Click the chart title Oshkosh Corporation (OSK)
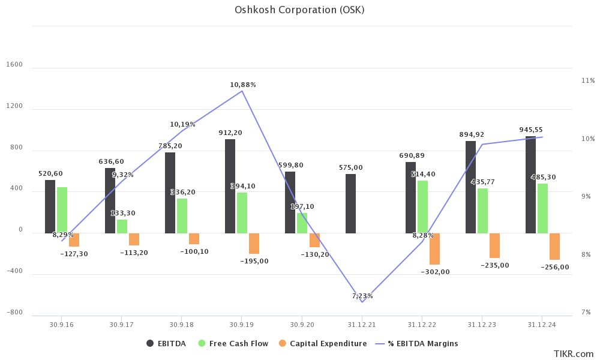point(299,10)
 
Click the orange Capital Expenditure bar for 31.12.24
point(554,246)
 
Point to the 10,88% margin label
point(243,85)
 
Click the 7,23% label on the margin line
point(362,296)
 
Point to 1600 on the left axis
point(16,64)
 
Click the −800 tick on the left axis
point(16,313)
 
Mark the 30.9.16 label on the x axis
point(62,325)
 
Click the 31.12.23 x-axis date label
point(482,325)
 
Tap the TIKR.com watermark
point(573,354)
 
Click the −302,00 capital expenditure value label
point(435,272)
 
